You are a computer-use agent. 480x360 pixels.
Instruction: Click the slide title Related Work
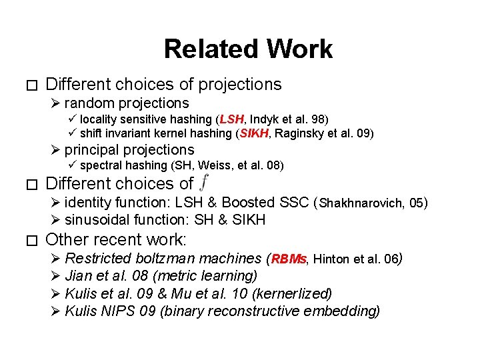(247, 49)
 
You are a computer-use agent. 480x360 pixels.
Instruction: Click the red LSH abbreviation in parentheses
(232, 120)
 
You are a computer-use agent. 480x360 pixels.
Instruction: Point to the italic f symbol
(204, 182)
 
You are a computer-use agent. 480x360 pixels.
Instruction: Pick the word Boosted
(249, 203)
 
